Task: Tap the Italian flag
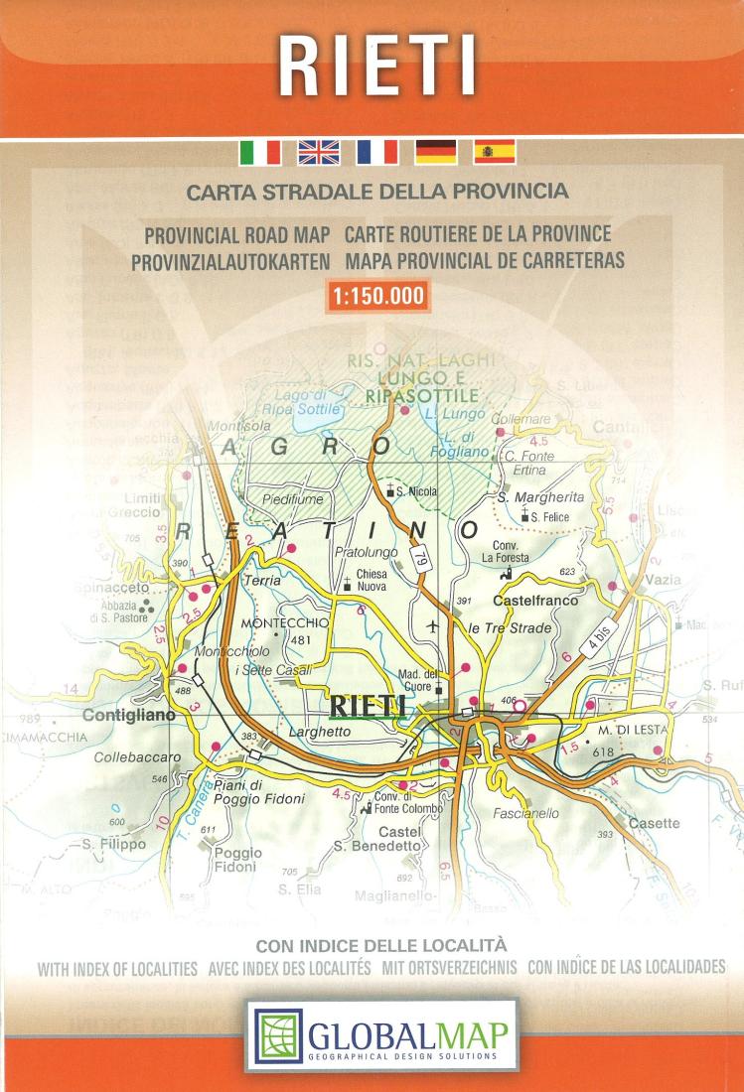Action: (x=259, y=152)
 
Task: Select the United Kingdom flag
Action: (x=319, y=152)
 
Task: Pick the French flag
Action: (x=377, y=152)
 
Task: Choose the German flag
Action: (x=436, y=152)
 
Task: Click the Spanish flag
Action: (x=495, y=152)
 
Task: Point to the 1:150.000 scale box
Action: (x=376, y=295)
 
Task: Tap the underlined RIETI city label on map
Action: (x=367, y=706)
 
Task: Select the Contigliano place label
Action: (x=130, y=715)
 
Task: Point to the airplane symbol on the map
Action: (x=432, y=626)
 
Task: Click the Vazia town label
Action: (x=663, y=579)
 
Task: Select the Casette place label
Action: (x=654, y=823)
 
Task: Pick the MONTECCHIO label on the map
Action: (x=284, y=622)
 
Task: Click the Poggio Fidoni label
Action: (x=238, y=860)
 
